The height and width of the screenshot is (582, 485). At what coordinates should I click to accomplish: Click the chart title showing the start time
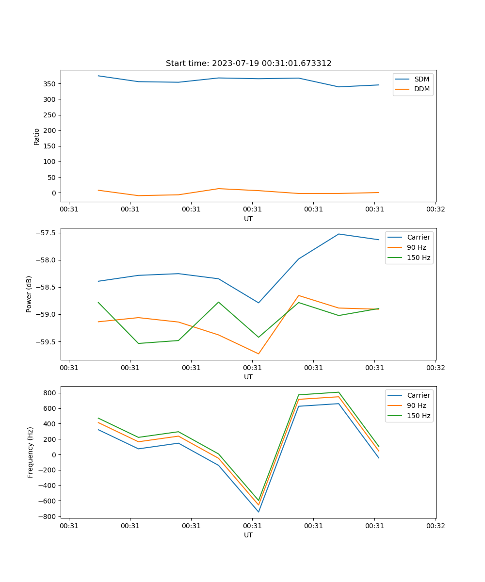tap(248, 64)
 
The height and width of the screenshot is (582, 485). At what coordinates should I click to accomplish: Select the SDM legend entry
tap(421, 79)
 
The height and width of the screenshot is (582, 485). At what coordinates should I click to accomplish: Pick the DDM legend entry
tap(421, 89)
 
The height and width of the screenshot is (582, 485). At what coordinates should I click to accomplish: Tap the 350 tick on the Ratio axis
tap(49, 84)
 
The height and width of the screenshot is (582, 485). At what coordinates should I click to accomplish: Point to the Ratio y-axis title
tap(37, 136)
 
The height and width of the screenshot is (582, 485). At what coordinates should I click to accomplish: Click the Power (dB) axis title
tap(29, 294)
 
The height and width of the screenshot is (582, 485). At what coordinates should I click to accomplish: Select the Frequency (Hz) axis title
tap(31, 452)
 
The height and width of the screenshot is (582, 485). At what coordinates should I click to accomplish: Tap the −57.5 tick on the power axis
tap(46, 233)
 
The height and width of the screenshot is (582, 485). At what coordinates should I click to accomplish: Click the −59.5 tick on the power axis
tap(46, 342)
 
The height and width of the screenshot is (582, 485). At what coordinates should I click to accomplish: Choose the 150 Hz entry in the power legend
tap(419, 258)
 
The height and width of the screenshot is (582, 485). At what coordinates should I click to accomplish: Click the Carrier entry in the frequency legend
tap(418, 395)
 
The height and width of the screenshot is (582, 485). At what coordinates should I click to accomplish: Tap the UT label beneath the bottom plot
tap(248, 535)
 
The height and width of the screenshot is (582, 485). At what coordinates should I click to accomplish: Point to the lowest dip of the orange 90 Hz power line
tap(259, 354)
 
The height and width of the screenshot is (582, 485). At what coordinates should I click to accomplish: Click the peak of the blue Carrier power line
tap(339, 234)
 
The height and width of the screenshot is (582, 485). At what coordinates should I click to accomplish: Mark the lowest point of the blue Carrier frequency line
tap(259, 512)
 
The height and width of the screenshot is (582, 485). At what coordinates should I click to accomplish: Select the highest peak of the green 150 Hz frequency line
tap(339, 392)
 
